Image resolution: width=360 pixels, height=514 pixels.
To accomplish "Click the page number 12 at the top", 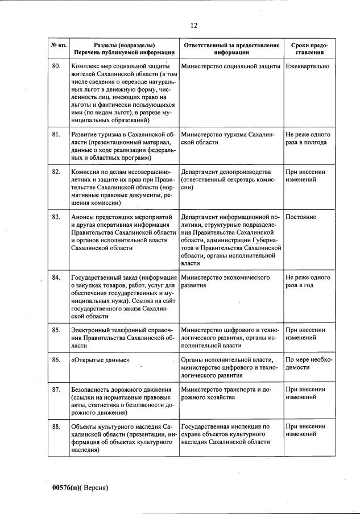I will coord(194,25).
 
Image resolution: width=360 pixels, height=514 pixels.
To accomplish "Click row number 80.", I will coord(56,67).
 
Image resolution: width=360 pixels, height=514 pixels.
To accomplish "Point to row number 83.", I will coord(56,217).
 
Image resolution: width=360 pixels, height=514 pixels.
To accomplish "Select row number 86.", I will coord(56,360).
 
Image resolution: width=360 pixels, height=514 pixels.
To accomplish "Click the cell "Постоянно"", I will coord(301,217).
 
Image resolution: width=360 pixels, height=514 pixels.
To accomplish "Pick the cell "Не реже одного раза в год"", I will coord(308,281).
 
